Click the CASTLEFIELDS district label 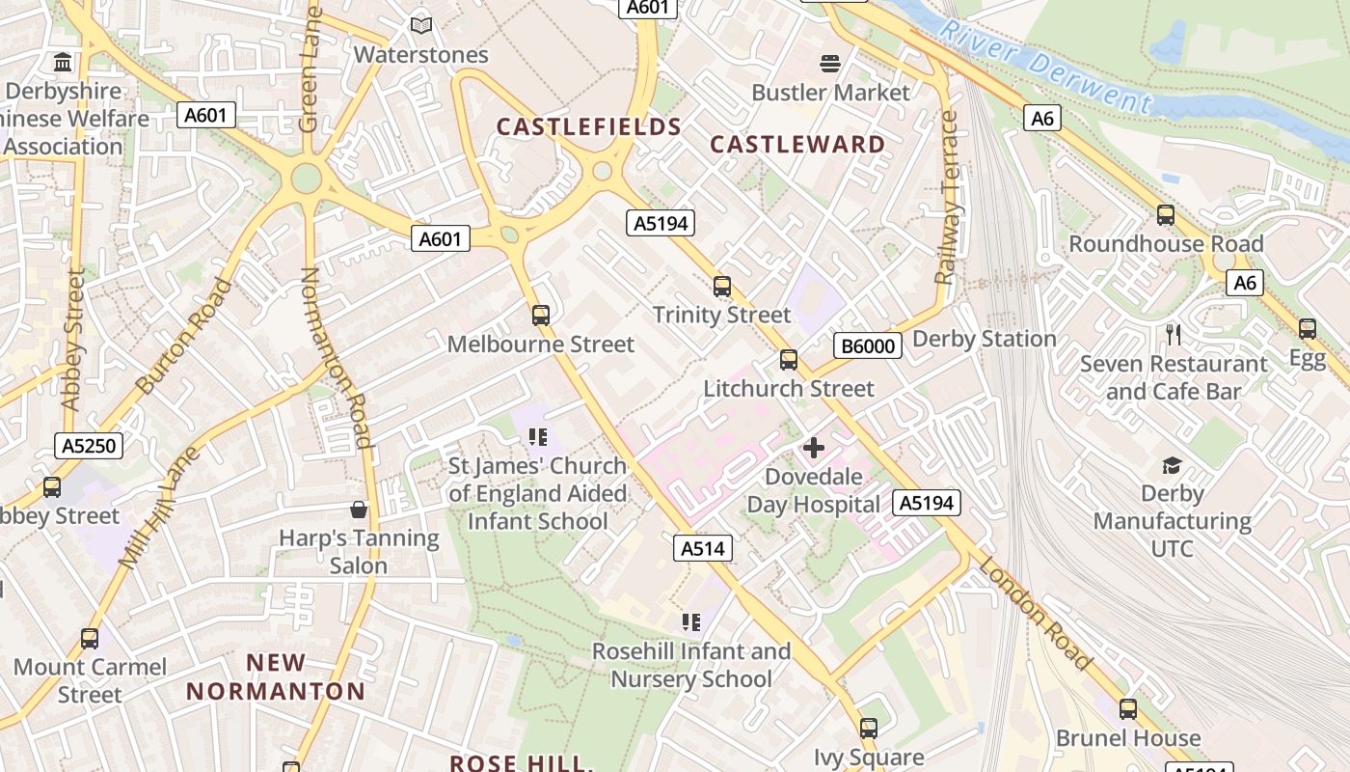pos(589,126)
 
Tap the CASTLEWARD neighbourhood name pos(797,145)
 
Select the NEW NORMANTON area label pos(276,677)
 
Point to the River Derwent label pos(1045,68)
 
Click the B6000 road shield pos(868,345)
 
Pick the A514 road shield pos(702,549)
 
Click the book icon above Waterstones pos(420,25)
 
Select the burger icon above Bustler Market pos(831,64)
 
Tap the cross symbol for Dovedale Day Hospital pos(814,448)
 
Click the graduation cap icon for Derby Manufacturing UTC pos(1172,466)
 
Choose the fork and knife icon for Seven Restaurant pos(1173,335)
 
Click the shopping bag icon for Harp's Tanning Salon pos(359,509)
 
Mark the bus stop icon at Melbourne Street pos(541,315)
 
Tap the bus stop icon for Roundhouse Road pos(1166,215)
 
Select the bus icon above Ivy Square pos(869,728)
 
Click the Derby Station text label pos(984,339)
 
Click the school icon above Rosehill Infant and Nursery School pos(690,622)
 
